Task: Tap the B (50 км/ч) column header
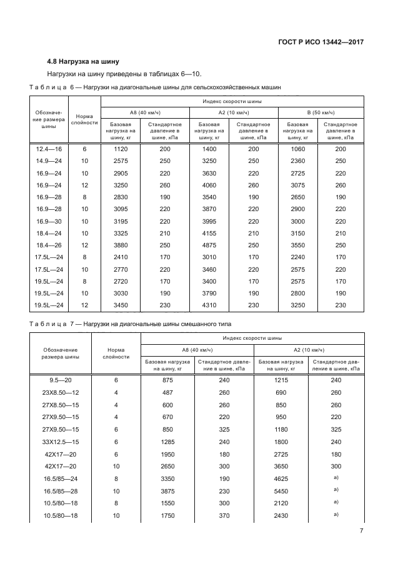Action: coord(321,112)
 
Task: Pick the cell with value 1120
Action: coord(121,149)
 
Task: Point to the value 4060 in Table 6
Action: coord(209,185)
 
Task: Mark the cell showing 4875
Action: coord(209,245)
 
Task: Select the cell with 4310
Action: coord(209,305)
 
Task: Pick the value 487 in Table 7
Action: coord(167,393)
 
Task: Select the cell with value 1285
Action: coord(167,441)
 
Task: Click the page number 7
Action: coord(361,531)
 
